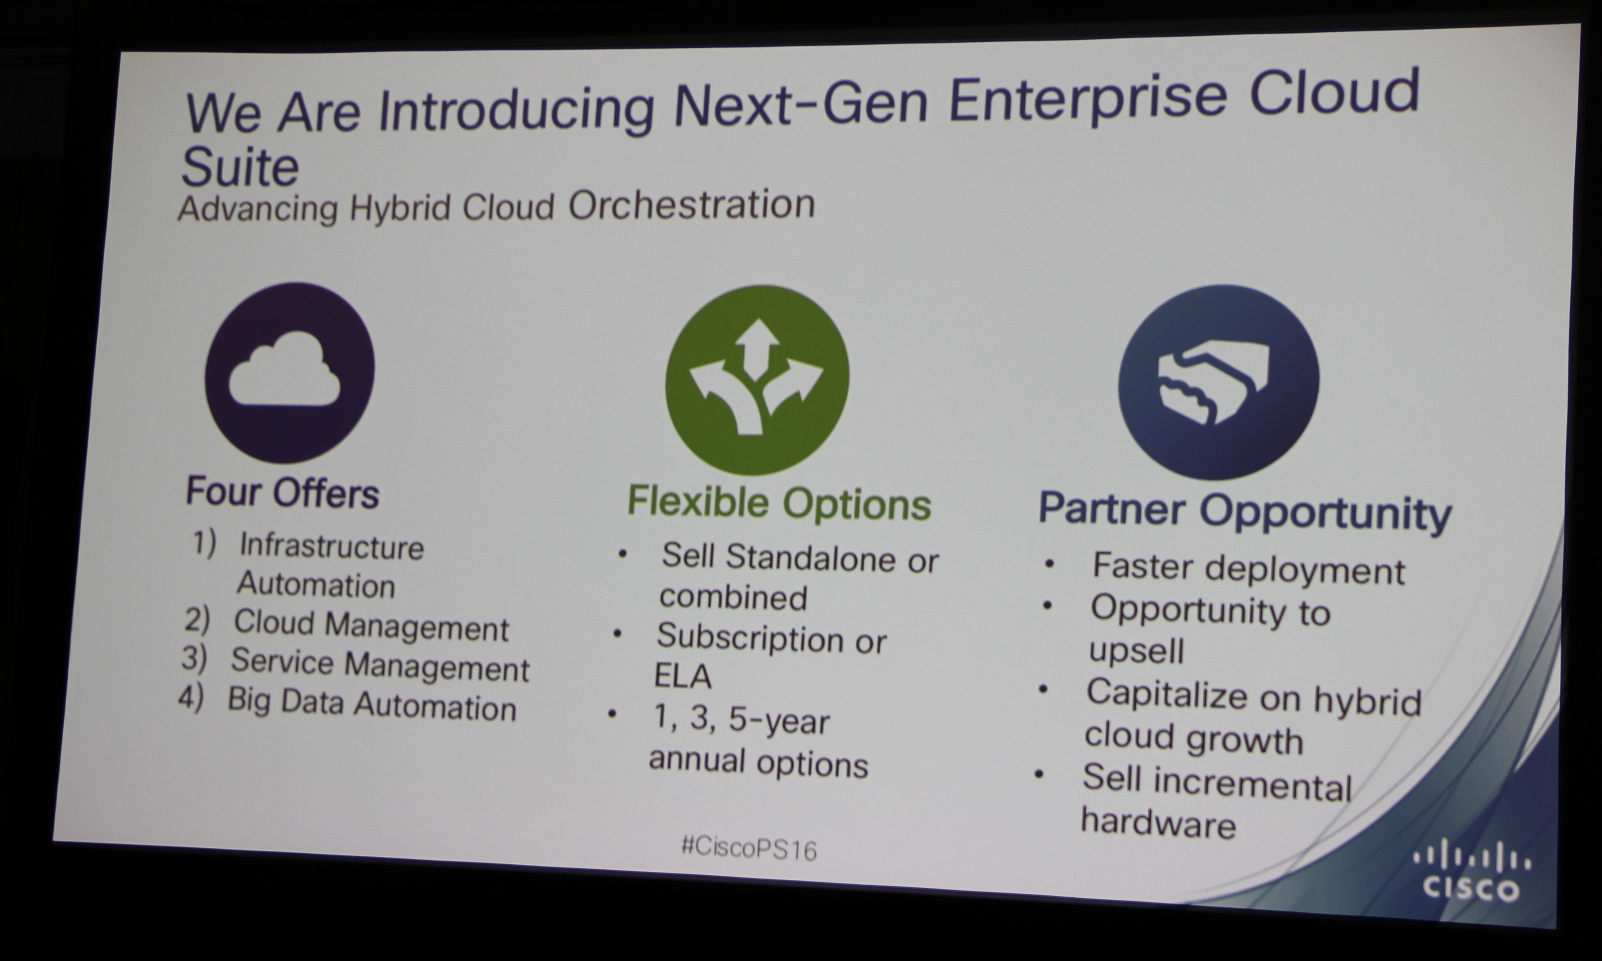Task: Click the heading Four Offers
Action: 282,493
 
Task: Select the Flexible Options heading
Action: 779,504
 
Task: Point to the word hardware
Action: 1158,823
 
